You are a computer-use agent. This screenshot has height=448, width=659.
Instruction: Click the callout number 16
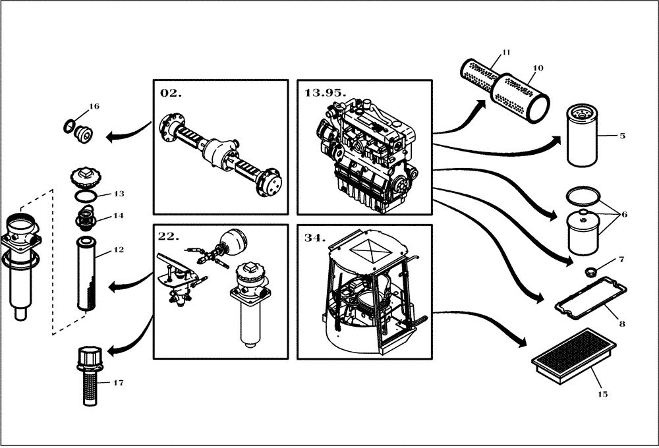(94, 106)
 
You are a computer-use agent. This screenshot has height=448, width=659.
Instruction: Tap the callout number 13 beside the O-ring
(119, 194)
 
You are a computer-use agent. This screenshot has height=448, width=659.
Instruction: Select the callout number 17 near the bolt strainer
(118, 382)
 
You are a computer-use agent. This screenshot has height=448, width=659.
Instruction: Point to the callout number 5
(622, 136)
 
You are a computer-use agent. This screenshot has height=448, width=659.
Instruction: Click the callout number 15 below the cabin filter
(602, 395)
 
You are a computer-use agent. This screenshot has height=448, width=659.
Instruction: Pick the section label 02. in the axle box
(170, 93)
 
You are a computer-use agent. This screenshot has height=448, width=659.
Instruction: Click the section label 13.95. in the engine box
(325, 93)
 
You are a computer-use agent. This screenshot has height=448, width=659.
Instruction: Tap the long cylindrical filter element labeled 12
(87, 273)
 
